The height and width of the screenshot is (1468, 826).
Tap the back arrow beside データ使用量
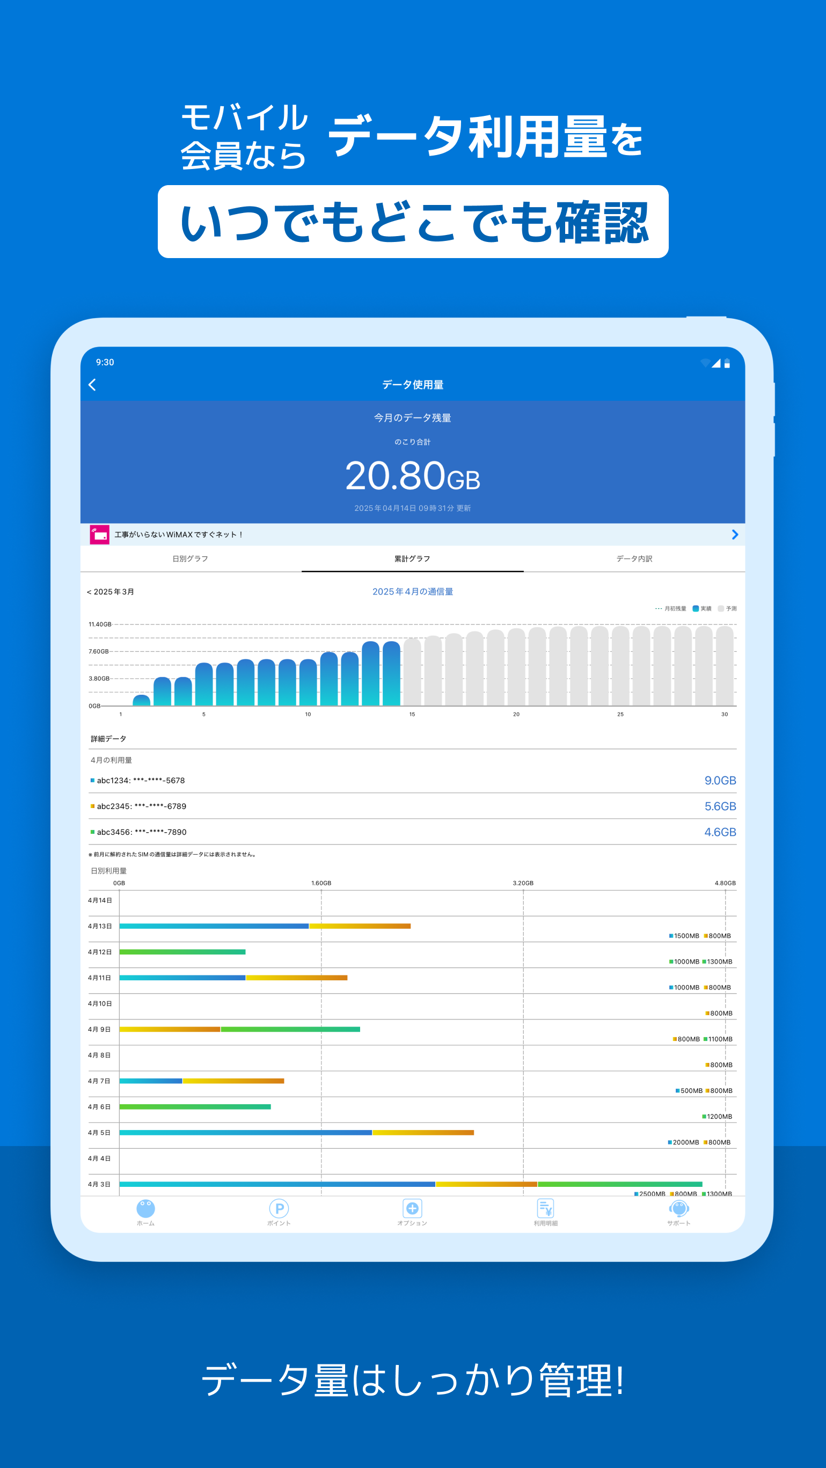tap(92, 385)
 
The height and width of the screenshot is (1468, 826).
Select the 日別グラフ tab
tap(190, 559)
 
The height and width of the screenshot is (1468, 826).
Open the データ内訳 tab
tap(634, 559)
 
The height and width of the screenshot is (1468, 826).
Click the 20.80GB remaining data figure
tap(412, 476)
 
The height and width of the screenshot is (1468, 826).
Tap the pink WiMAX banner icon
tap(100, 534)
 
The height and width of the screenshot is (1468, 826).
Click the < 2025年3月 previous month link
tap(111, 591)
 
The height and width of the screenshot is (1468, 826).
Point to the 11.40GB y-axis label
tap(100, 624)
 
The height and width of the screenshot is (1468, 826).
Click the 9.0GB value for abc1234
tap(719, 780)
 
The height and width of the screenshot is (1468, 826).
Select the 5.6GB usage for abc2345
tap(719, 806)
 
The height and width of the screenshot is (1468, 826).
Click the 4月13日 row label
tap(100, 926)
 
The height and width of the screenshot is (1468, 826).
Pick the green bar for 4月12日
tap(182, 952)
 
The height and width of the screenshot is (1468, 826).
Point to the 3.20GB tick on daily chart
tap(523, 883)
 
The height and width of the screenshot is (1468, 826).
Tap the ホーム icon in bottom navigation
tap(145, 1208)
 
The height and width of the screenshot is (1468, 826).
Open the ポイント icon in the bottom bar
tap(279, 1208)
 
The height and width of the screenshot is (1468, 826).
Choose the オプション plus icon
tap(412, 1208)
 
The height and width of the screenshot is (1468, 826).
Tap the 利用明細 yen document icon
tap(545, 1208)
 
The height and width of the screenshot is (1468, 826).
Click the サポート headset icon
tap(679, 1208)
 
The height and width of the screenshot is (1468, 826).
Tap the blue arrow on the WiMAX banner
tap(735, 534)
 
